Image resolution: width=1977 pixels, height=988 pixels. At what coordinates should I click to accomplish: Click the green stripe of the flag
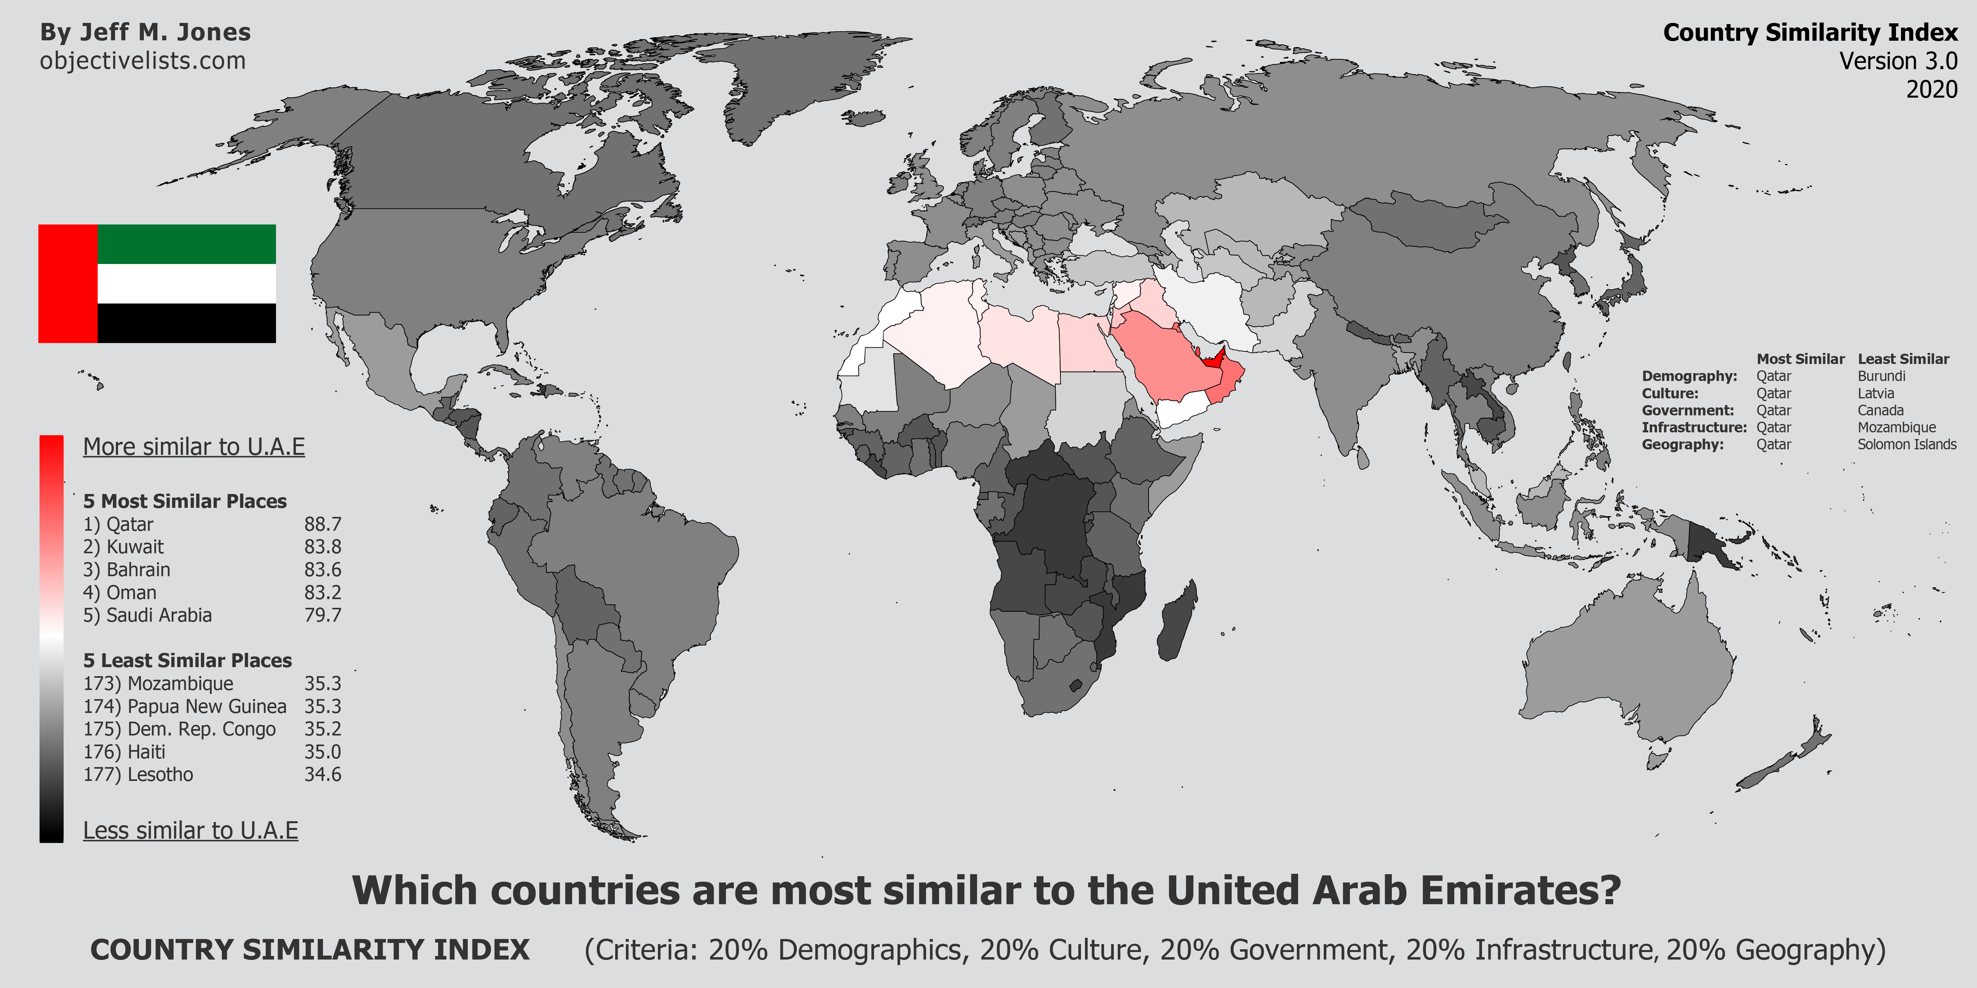pos(187,244)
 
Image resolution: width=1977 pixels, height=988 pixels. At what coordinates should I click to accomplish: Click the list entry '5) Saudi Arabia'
pos(147,615)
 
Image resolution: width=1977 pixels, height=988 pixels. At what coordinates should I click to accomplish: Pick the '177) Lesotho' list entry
pos(138,775)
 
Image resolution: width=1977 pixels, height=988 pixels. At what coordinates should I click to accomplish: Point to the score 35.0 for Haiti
pos(322,752)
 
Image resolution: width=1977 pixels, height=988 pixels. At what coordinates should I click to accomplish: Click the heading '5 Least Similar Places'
pos(187,660)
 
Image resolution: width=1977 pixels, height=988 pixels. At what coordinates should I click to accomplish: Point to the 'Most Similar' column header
pos(1801,359)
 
